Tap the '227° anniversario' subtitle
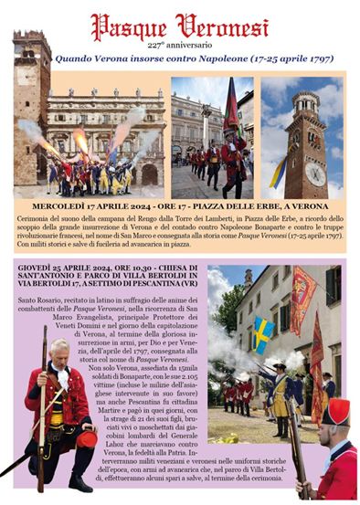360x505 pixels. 179,43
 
